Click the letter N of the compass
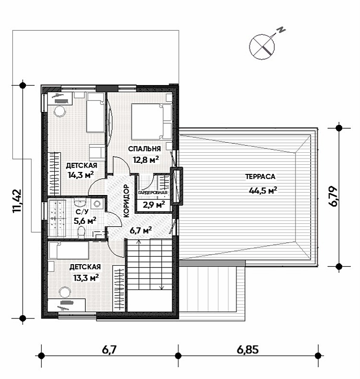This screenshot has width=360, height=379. tap(281, 30)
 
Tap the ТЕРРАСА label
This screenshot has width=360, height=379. tap(261, 177)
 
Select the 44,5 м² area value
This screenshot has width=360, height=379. tap(263, 191)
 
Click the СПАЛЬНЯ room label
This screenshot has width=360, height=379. tap(144, 149)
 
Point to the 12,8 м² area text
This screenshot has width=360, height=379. tap(146, 160)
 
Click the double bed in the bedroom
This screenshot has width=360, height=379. tap(152, 122)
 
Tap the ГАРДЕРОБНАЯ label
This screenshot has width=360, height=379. tap(153, 193)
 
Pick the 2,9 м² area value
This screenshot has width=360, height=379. tap(154, 205)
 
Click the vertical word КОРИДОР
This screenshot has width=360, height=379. tap(126, 201)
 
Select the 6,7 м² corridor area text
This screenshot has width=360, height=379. tap(141, 231)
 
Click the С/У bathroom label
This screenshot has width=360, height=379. tap(82, 212)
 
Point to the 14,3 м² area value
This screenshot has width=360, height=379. tap(81, 175)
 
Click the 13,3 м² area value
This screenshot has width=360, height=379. tap(86, 278)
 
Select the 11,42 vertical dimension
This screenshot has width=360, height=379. tap(17, 201)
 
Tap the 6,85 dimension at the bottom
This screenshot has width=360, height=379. tap(248, 350)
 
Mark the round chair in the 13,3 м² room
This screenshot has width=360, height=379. tap(64, 292)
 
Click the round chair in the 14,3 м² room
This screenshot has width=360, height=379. tap(60, 111)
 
